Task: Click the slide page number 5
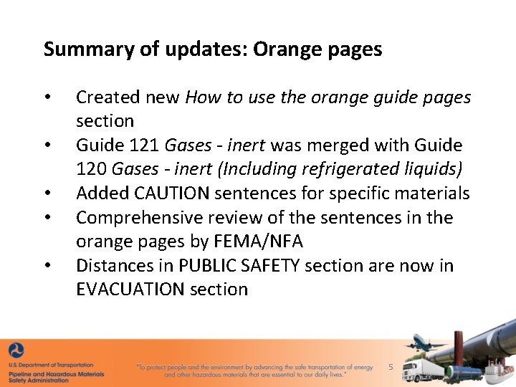pyautogui.click(x=391, y=367)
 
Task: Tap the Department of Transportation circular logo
pyautogui.click(x=16, y=351)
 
